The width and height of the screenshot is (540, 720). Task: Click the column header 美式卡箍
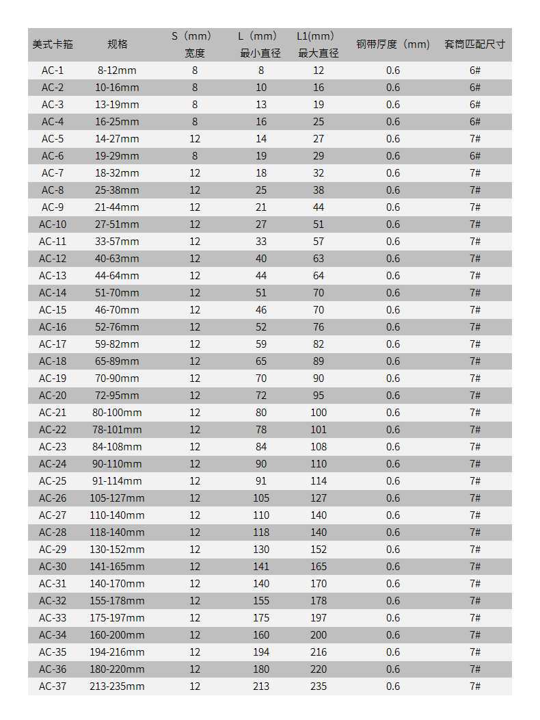point(53,44)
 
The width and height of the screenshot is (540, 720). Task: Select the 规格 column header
point(117,44)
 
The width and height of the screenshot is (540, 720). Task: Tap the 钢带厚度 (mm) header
point(393,44)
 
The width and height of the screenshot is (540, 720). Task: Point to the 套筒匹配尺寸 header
point(475,44)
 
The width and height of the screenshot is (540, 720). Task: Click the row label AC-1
point(53,70)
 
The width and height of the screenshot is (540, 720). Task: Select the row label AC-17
point(53,344)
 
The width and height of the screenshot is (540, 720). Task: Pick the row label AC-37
point(53,686)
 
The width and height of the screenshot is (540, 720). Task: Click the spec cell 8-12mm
point(117,70)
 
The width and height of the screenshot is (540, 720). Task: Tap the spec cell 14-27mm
point(117,139)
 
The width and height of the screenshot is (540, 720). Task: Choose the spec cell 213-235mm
point(117,686)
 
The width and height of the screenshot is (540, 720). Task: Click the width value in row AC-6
point(195,156)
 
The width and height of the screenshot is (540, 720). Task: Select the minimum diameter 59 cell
point(261,344)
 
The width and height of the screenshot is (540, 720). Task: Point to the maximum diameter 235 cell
point(319,686)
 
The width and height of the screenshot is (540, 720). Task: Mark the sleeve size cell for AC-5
point(475,139)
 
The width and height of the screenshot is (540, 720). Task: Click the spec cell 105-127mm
point(117,498)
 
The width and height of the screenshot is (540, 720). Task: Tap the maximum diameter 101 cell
point(319,430)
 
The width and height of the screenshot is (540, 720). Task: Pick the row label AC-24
point(53,464)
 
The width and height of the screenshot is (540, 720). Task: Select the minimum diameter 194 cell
point(261,652)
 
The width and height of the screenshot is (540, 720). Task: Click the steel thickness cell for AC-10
point(393,224)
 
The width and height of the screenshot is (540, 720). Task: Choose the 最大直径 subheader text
point(319,53)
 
